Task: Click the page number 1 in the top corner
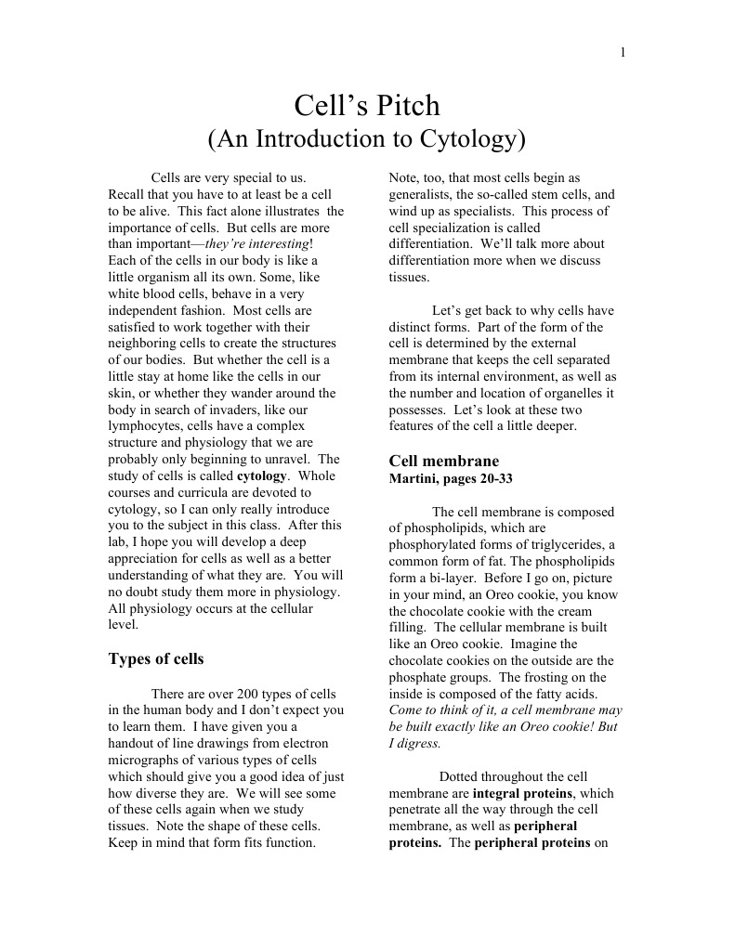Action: (623, 52)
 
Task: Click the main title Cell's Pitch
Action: (367, 105)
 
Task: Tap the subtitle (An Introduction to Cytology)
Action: (367, 139)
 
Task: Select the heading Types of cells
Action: (156, 659)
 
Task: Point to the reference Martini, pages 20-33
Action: (450, 478)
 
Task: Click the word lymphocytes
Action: (146, 426)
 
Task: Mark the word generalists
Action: (424, 195)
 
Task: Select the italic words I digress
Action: (413, 744)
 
